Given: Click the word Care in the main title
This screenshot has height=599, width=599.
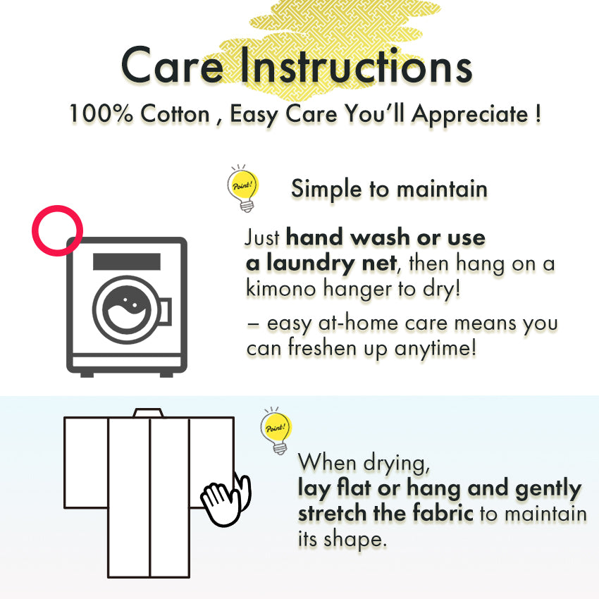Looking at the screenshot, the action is [172, 65].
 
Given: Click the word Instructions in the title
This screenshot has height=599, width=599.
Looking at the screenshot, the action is [356, 64].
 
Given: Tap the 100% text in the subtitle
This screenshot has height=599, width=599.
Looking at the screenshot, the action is [101, 113].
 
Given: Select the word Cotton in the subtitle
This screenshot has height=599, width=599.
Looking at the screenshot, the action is [175, 113].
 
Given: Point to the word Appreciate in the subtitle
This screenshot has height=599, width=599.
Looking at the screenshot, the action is [470, 115].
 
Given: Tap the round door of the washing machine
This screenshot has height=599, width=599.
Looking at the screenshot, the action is [126, 309].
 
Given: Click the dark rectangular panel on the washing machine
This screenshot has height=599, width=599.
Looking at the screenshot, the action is [127, 261].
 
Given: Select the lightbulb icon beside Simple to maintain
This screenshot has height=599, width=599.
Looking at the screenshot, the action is [242, 188].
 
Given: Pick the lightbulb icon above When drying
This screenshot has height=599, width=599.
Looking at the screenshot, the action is [276, 431].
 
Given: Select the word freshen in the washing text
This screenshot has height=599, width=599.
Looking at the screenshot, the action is [322, 348].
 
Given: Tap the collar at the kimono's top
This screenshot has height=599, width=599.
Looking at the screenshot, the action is [148, 413].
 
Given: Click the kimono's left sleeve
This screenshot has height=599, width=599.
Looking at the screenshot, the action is [86, 462].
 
